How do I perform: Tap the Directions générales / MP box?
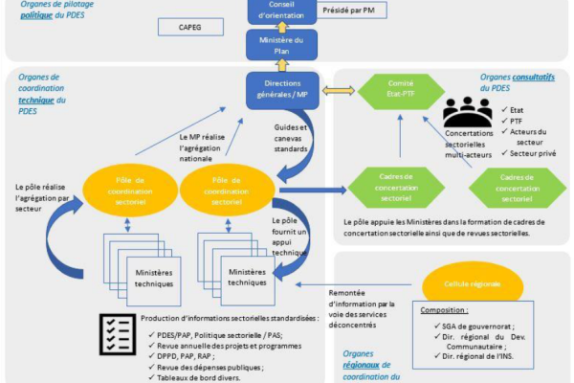pyautogui.click(x=282, y=90)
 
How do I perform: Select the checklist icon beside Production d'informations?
pyautogui.click(x=119, y=330)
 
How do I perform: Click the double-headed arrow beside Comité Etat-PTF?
pyautogui.click(x=337, y=91)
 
